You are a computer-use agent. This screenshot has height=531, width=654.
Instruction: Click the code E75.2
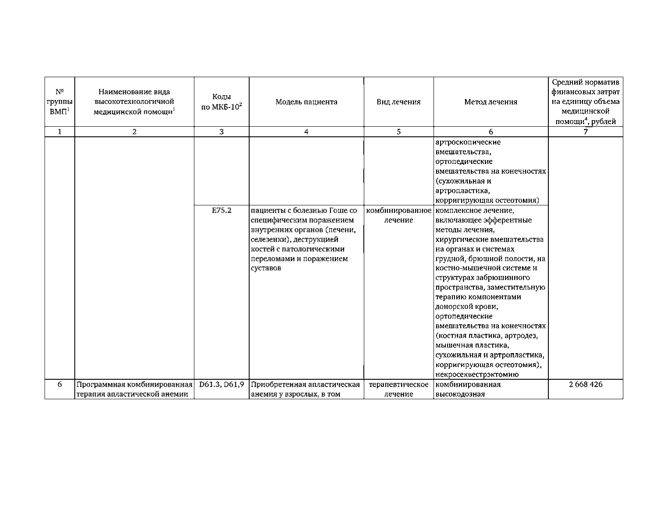(221, 210)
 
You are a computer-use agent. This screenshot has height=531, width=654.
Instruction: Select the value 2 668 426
(586, 385)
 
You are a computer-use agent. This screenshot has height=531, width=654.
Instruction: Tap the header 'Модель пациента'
(306, 102)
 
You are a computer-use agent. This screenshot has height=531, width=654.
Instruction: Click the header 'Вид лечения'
(398, 102)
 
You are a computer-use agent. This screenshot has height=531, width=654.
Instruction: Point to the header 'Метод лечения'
(490, 102)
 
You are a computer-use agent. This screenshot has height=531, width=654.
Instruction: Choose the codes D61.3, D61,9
(221, 385)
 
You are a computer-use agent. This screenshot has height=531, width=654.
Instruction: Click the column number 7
(586, 132)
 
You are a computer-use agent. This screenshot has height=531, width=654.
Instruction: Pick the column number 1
(60, 132)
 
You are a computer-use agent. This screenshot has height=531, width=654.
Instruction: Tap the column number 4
(306, 132)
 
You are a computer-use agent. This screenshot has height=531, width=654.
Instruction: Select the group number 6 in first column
(60, 385)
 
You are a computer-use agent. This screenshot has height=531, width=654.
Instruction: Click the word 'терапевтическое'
(398, 385)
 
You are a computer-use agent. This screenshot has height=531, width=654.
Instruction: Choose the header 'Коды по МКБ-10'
(221, 102)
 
